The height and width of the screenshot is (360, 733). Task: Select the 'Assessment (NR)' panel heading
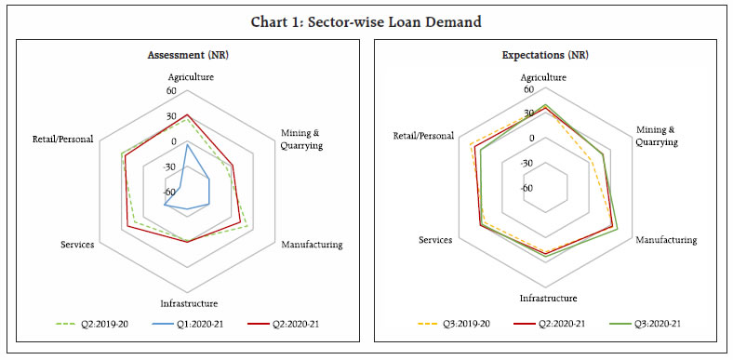point(187,55)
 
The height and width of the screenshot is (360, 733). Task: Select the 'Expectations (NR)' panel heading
point(544,55)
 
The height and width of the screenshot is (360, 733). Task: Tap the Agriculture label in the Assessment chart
point(188,77)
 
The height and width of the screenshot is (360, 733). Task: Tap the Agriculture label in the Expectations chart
point(545,76)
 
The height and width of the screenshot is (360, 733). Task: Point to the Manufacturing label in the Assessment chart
point(312,245)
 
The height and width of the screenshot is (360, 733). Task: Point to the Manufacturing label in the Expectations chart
point(666,240)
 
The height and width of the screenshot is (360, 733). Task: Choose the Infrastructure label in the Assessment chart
point(189,303)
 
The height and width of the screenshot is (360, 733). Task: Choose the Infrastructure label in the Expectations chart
point(545,298)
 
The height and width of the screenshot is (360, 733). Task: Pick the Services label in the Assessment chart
point(77,245)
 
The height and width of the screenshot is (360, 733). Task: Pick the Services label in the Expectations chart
point(435,240)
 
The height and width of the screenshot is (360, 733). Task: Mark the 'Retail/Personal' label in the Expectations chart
point(423,136)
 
